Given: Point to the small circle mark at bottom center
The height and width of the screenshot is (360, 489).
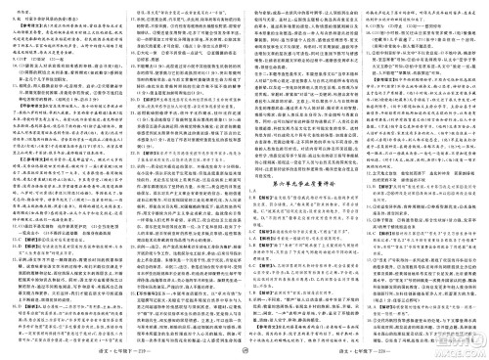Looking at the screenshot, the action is [x=244, y=349].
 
